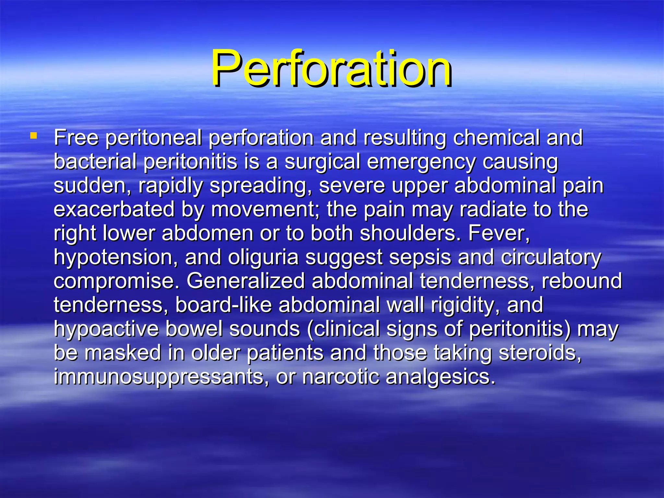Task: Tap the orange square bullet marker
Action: pos(33,135)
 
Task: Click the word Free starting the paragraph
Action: pos(76,137)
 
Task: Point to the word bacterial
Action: pos(95,161)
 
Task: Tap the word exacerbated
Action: pos(114,209)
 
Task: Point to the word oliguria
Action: pos(263,257)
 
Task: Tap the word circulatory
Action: pos(551,257)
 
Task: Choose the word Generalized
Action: pos(245,281)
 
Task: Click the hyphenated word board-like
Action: pos(223,305)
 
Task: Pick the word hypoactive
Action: pos(106,329)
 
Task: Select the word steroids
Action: pos(540,353)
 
